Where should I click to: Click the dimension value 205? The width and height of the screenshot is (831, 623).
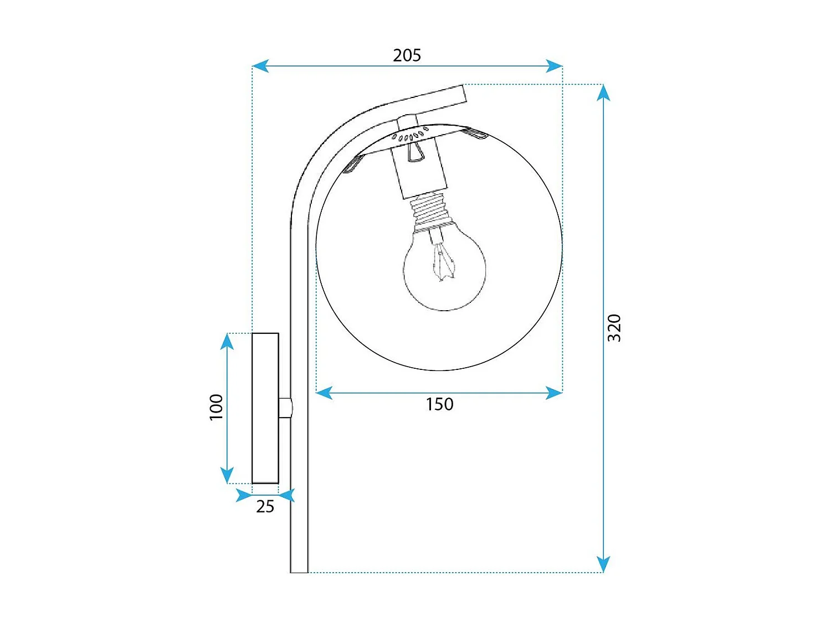tap(407, 55)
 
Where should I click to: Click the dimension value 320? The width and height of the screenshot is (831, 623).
tap(614, 328)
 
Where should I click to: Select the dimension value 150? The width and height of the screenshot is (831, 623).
tap(439, 404)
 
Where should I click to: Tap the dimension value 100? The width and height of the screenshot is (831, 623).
tap(216, 407)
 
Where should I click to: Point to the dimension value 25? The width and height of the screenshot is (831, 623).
tap(265, 506)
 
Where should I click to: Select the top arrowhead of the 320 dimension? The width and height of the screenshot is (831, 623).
tap(603, 92)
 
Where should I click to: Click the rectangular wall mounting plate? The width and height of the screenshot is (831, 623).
tap(265, 408)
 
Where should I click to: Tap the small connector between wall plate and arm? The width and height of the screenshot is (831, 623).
tap(285, 408)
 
